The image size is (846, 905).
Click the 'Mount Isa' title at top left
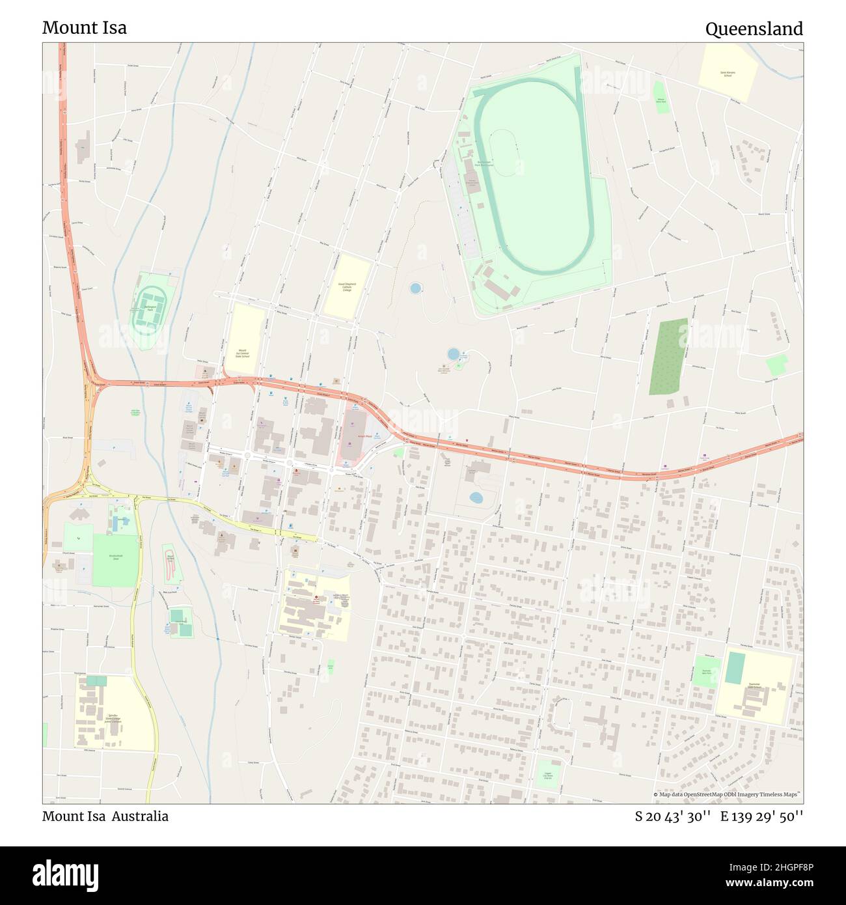85,27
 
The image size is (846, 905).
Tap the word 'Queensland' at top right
754,29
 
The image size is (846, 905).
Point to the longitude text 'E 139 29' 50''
761,816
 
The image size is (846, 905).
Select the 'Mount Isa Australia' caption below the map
105,816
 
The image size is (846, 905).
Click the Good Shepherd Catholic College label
346,286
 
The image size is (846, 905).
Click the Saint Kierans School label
728,74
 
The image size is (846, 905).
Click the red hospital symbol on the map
316,597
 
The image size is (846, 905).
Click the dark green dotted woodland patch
668,356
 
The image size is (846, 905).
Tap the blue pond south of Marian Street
476,498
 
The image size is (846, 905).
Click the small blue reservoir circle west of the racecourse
415,287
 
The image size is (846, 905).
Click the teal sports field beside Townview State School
735,667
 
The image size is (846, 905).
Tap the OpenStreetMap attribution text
727,794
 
